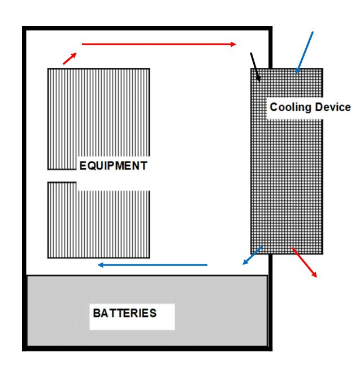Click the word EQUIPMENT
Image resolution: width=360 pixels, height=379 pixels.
tap(113, 166)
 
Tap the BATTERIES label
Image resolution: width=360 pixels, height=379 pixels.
tap(125, 313)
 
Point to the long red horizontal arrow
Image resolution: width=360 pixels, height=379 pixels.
tap(159, 44)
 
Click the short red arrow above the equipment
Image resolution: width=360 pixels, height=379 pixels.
tap(70, 59)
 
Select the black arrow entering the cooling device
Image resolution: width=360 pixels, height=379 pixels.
tap(255, 67)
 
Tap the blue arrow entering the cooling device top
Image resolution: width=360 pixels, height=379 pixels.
tap(305, 52)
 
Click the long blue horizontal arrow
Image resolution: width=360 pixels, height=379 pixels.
tap(153, 265)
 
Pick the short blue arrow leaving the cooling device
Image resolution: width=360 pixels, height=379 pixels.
tap(253, 255)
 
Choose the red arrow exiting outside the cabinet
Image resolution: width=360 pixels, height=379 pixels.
tap(305, 262)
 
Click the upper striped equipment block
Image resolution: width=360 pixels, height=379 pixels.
tap(99, 114)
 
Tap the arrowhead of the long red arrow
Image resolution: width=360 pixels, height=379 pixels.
tap(233, 44)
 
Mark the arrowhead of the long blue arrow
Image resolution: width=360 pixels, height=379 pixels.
tap(101, 265)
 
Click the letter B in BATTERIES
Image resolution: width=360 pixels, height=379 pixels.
tap(97, 313)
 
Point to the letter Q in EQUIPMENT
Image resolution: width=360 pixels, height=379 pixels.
tap(91, 166)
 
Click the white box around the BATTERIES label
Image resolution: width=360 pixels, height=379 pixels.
tap(132, 317)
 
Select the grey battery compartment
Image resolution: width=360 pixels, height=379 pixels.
tap(147, 311)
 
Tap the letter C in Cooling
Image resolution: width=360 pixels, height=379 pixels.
tap(274, 107)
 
